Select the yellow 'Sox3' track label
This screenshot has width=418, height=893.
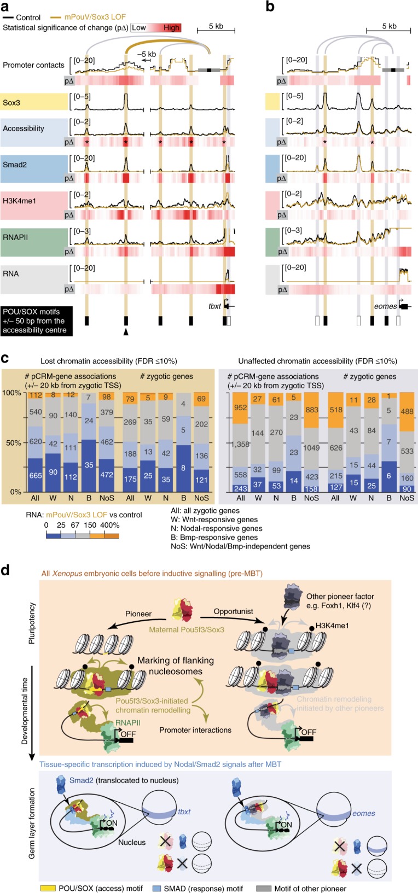(x=11, y=103)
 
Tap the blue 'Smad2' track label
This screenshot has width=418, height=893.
(x=15, y=164)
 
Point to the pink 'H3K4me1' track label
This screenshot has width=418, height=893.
(x=20, y=201)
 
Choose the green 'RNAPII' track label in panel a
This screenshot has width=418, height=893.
(x=15, y=237)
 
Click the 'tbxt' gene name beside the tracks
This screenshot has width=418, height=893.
(x=214, y=306)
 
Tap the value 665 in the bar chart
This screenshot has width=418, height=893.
(x=36, y=475)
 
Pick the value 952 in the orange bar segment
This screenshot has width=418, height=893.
(x=241, y=407)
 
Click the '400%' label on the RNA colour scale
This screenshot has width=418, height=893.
(x=109, y=525)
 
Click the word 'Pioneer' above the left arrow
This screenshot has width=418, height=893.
(x=138, y=614)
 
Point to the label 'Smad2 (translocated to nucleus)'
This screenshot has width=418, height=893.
(x=125, y=780)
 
